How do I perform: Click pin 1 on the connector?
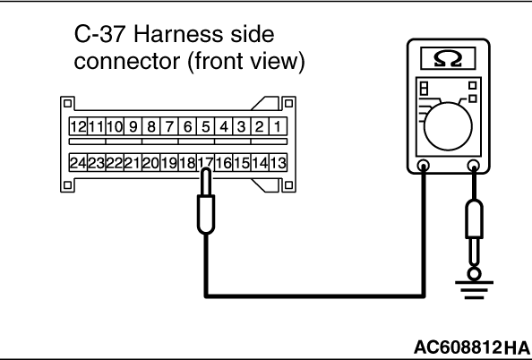tap(279, 126)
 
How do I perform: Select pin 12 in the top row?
tap(78, 126)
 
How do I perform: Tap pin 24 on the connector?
tap(78, 163)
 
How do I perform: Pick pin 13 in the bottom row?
tap(279, 163)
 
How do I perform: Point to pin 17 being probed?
tap(206, 163)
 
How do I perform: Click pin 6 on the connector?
tap(187, 126)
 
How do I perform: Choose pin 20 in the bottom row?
tap(151, 163)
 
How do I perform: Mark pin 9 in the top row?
tap(133, 126)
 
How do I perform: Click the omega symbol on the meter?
tap(448, 59)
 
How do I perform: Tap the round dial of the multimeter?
tap(448, 126)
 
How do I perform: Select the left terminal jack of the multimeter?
tap(424, 166)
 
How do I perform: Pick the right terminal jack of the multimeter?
tap(474, 166)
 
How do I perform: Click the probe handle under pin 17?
tap(206, 214)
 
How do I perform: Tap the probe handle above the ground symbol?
tap(474, 219)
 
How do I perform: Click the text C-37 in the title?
tap(99, 34)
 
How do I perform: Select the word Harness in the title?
tap(179, 34)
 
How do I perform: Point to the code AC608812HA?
tap(471, 347)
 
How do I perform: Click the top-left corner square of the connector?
tap(67, 103)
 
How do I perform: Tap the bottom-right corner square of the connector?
tap(288, 185)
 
